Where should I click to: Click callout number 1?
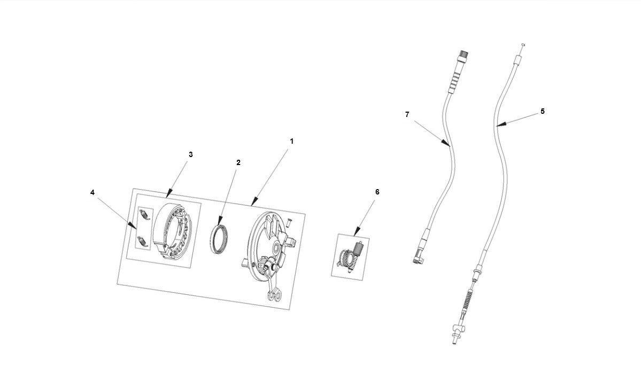click(x=291, y=141)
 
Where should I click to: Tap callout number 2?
click(x=238, y=162)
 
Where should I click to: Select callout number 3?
click(x=190, y=154)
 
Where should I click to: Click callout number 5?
click(x=542, y=111)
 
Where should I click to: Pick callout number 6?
click(x=377, y=192)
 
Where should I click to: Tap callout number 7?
click(x=407, y=114)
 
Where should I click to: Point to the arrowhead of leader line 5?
click(x=498, y=126)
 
